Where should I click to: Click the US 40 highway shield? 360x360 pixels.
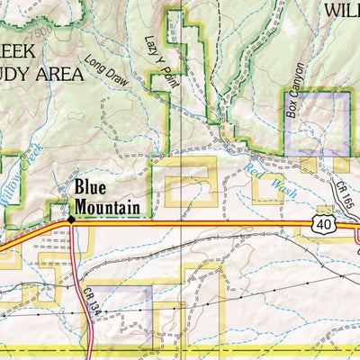pyautogui.click(x=325, y=221)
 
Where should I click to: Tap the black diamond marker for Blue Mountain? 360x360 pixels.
pyautogui.click(x=70, y=218)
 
